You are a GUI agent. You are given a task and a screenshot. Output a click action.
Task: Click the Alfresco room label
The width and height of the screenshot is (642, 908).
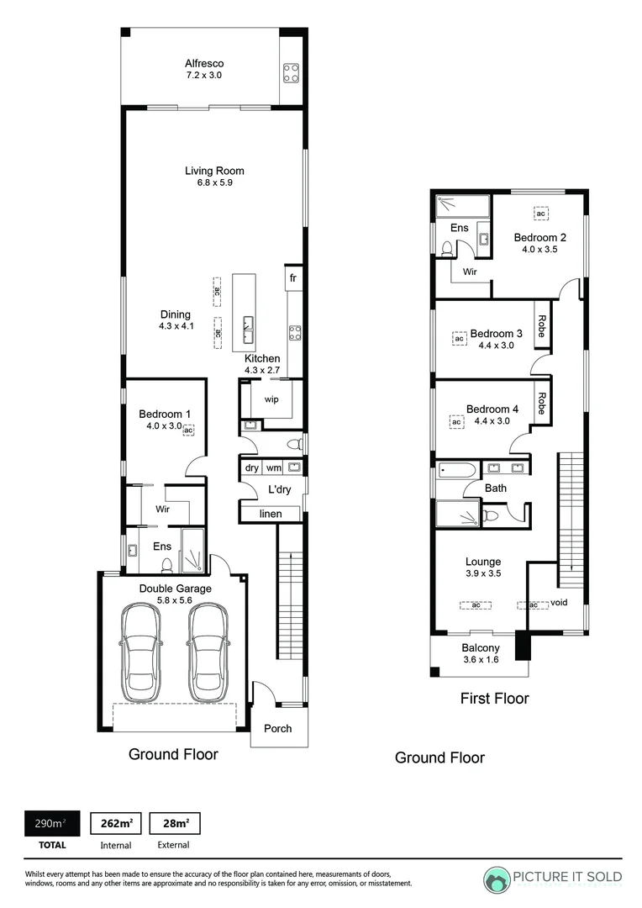pos(204,64)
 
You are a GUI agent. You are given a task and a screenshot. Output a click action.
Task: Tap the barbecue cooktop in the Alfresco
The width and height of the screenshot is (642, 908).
pos(292,73)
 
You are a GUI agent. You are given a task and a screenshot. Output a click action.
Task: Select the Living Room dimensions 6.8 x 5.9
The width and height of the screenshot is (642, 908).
pos(215,182)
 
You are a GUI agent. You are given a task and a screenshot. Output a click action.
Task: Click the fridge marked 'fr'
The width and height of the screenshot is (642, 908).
pos(293,278)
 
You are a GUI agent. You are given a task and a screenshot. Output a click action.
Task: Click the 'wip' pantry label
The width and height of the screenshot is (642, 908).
pos(271,399)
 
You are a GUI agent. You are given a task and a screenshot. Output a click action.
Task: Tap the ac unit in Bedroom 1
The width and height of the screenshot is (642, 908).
pos(188,430)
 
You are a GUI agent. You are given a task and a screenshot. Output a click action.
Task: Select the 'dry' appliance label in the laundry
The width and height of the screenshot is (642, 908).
pos(252,468)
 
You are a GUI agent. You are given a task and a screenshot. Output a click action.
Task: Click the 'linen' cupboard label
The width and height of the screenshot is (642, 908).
pos(271,514)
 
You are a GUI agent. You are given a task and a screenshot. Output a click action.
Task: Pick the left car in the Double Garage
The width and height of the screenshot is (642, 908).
pos(142,652)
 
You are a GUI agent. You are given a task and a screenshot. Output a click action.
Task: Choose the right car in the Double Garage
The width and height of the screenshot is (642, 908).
pos(208,652)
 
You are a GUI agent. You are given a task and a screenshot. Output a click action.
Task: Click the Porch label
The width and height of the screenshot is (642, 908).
pos(278,728)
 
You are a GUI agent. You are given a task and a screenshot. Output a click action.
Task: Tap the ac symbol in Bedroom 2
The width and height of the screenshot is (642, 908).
pos(540,214)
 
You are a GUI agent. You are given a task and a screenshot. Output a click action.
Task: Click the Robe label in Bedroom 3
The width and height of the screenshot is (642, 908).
pos(542,326)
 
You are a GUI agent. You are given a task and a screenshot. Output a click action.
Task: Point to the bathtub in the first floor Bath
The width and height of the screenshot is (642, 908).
pos(457,470)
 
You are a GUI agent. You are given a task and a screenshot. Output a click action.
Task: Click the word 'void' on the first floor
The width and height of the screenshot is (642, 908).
pos(559,602)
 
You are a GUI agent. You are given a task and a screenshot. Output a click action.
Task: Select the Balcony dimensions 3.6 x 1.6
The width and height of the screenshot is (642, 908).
pos(481,660)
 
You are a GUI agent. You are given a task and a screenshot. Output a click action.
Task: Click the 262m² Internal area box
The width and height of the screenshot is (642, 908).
pos(116,823)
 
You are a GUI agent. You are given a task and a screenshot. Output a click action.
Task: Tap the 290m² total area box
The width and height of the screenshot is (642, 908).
pos(52,823)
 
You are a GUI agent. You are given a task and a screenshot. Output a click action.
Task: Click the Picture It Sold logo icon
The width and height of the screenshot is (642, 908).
pos(496,880)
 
